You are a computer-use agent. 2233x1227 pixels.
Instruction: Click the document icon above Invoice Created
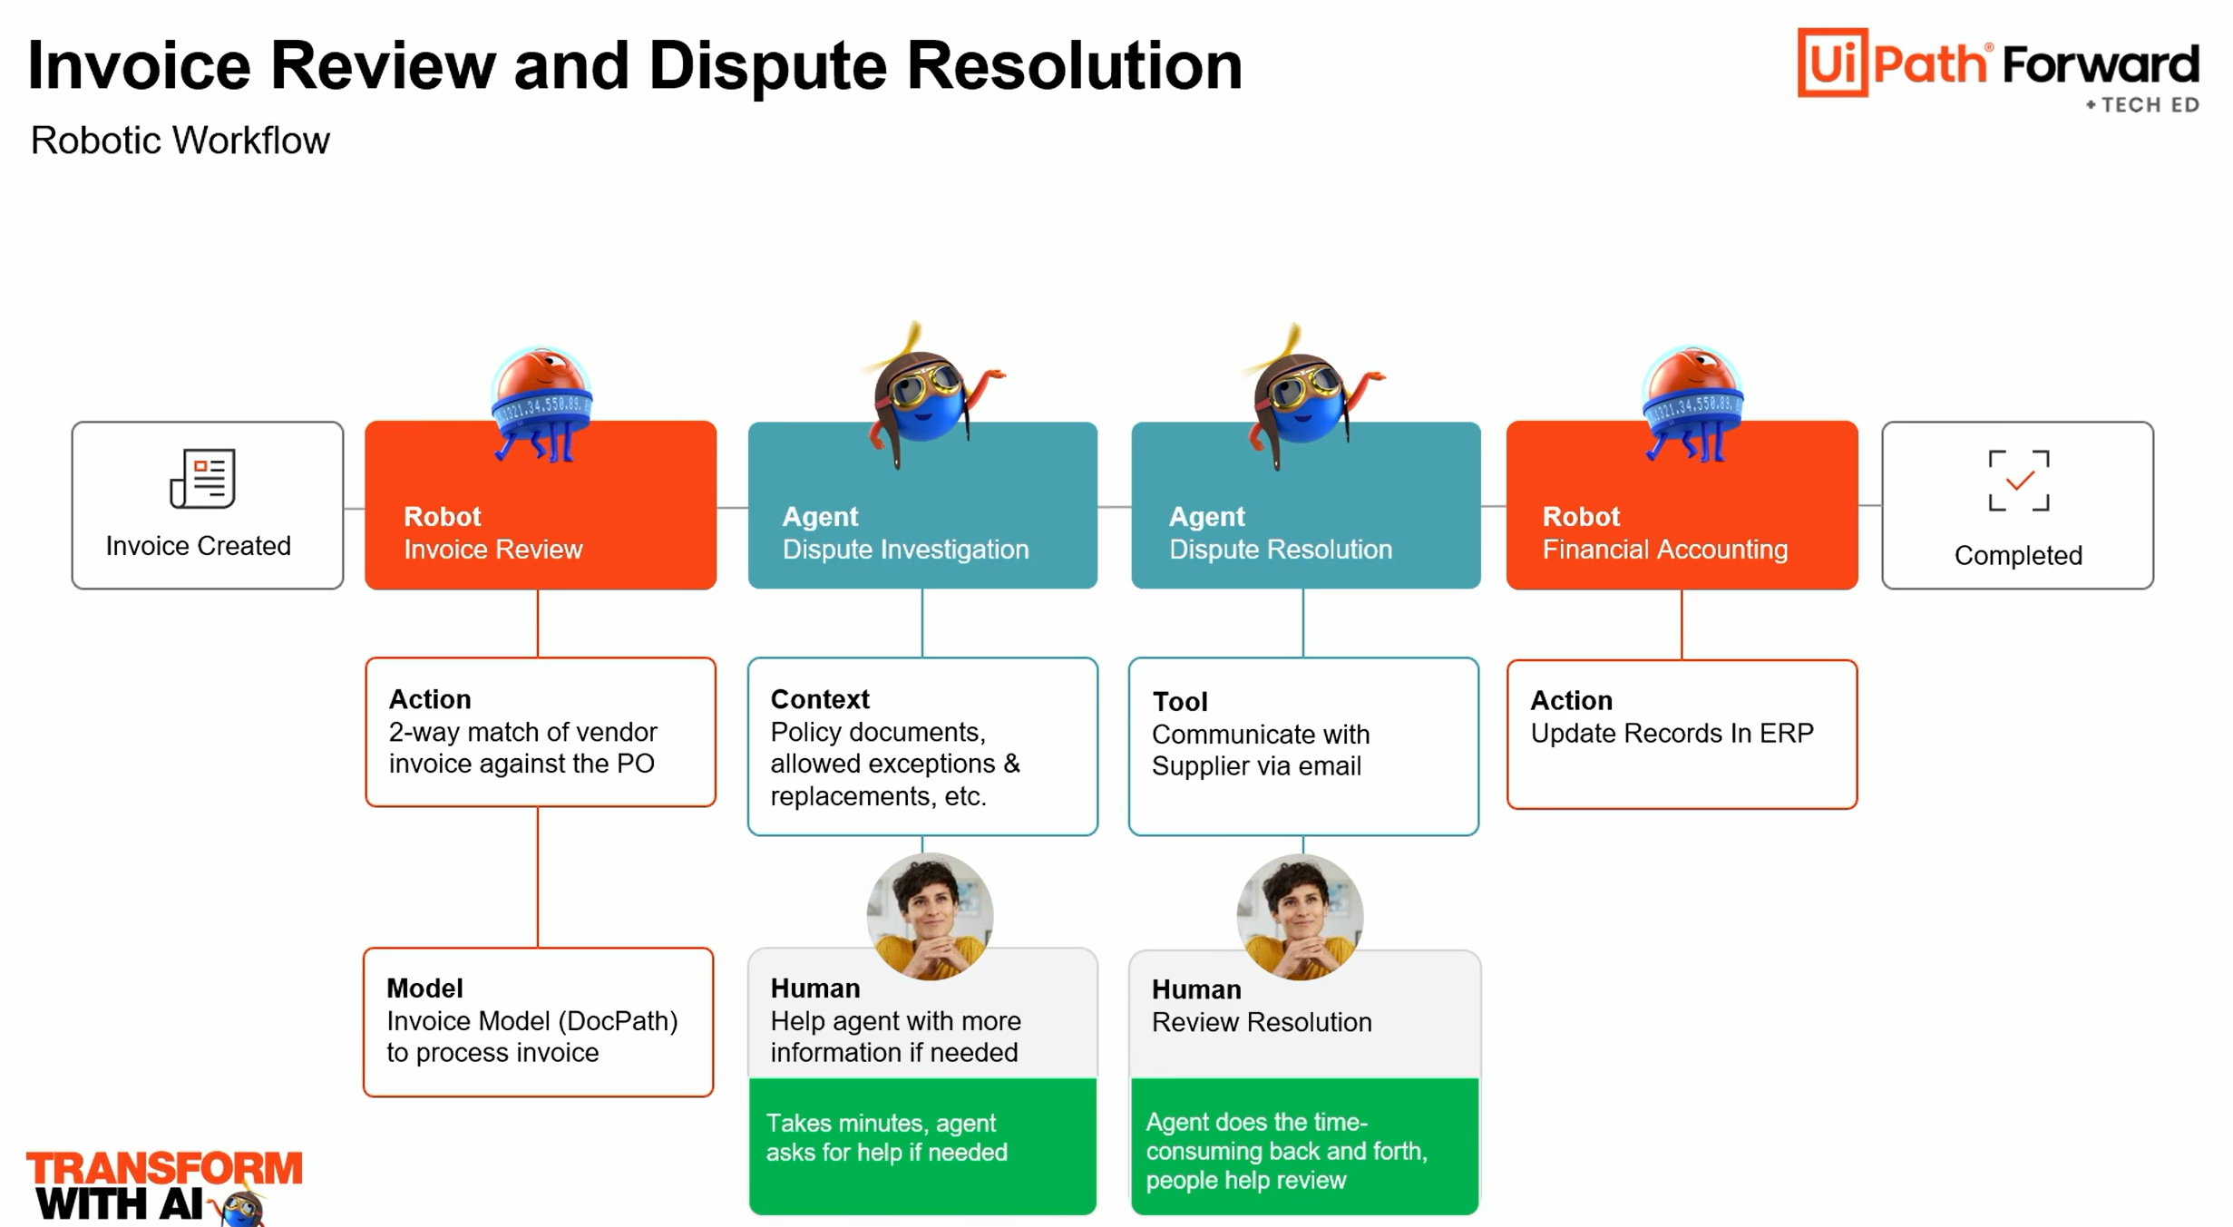point(202,478)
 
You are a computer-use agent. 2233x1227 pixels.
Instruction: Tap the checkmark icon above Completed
point(2018,481)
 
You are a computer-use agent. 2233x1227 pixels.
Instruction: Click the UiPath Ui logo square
point(1832,63)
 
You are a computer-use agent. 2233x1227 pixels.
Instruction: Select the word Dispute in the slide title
point(767,66)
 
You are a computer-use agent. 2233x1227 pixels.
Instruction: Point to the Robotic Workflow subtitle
point(180,141)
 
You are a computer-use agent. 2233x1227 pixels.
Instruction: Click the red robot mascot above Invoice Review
point(541,403)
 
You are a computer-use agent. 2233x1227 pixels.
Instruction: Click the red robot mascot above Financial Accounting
point(1692,403)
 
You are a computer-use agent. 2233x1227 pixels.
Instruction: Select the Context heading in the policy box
point(820,699)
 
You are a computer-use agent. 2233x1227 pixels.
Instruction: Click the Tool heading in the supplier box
point(1179,701)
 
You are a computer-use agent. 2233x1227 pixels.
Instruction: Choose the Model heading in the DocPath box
point(424,988)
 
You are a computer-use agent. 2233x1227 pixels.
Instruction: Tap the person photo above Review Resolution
point(1300,916)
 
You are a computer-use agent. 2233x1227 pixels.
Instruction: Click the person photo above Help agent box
point(930,916)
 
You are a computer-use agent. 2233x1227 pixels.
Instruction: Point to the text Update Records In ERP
point(1672,733)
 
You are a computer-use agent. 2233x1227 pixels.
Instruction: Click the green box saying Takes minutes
point(922,1145)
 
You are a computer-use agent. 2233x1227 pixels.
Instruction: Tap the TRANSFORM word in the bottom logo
point(164,1168)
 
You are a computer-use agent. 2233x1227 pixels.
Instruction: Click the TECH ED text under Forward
point(2149,105)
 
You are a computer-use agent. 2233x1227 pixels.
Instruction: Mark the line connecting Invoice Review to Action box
point(538,623)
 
